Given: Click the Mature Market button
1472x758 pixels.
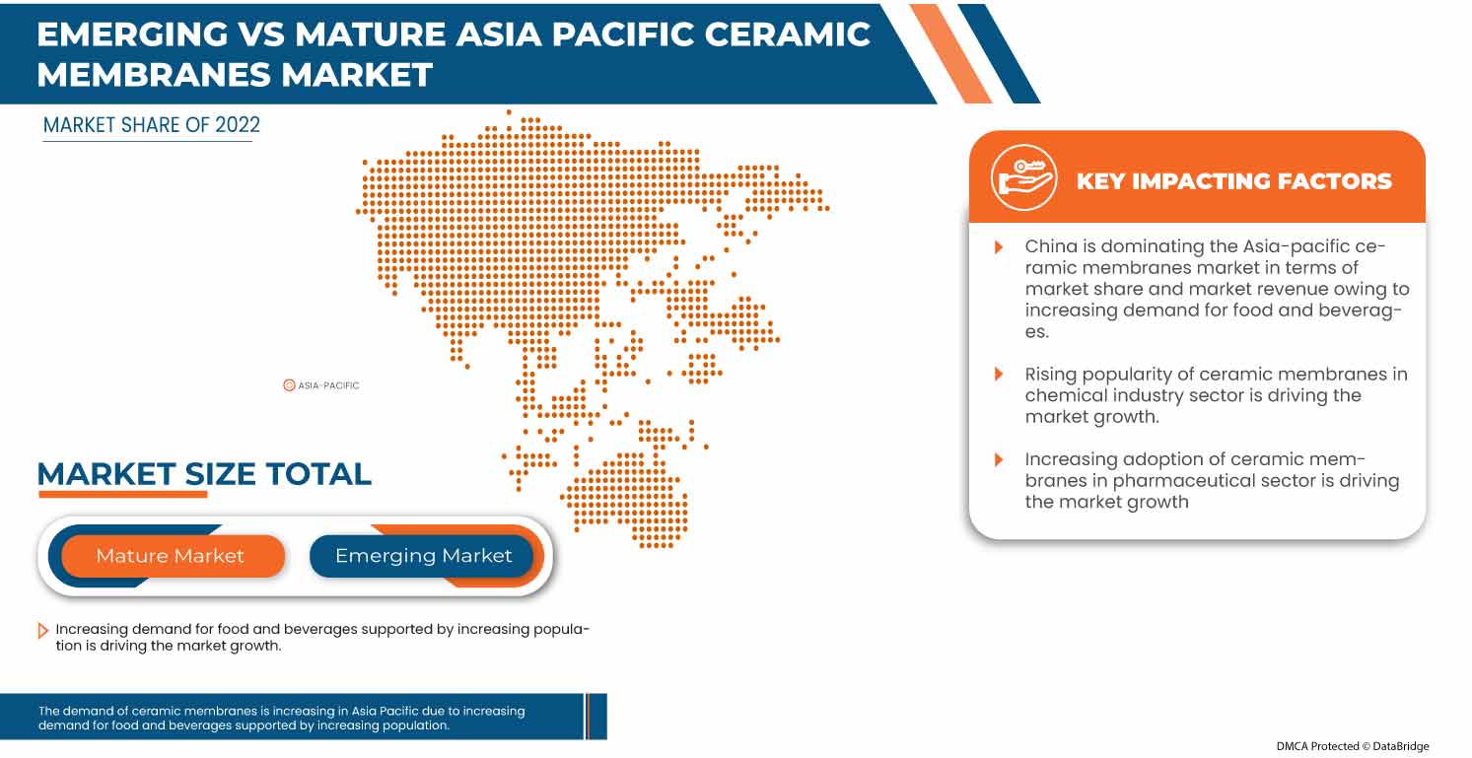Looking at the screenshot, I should pos(170,556).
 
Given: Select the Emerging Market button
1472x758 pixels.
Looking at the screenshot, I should pos(423,556).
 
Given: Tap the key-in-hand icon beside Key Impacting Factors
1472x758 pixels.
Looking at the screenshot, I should pos(1023,178).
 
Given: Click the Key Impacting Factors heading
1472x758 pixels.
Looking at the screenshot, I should pos(1233,181).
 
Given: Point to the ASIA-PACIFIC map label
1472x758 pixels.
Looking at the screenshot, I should pos(328,385).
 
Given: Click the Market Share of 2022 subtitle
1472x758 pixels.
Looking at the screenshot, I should pos(152,125).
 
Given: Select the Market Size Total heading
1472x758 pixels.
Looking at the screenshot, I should pos(204,474).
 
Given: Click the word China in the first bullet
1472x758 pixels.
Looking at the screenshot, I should pos(1050,246).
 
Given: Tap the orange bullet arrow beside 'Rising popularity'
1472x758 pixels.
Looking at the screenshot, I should pos(999,375).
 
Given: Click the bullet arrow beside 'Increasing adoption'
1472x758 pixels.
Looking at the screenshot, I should pos(999,459).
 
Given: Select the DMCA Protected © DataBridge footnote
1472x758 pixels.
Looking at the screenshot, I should pos(1352,746).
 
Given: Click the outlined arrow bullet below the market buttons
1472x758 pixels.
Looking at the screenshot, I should pos(42,631).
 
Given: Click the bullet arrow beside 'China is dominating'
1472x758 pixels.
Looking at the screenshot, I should pos(999,246).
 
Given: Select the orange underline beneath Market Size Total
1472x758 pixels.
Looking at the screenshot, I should pos(122,495).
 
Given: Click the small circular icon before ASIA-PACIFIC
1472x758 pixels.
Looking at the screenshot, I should pos(289,385).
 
